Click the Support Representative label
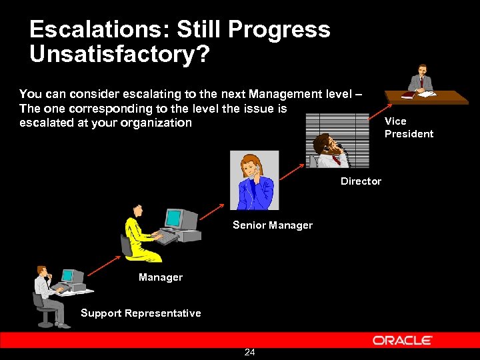pos(141,313)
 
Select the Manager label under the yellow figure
pos(161,277)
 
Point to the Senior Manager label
pos(272,225)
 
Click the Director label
pos(361,181)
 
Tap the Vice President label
pos(409,127)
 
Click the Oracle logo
pos(402,340)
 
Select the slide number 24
pos(249,352)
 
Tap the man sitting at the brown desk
pos(421,80)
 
